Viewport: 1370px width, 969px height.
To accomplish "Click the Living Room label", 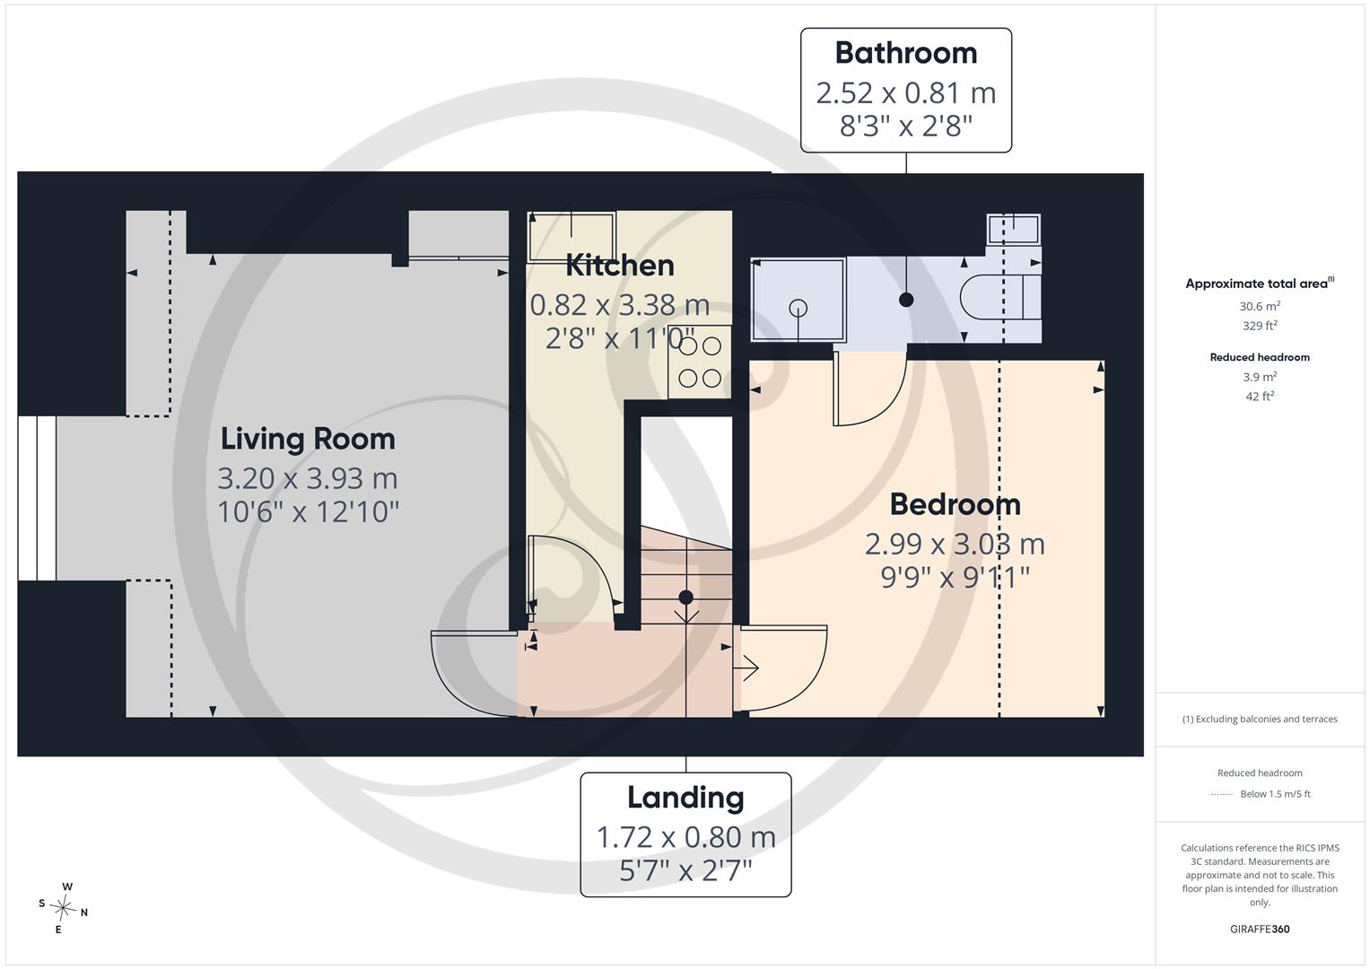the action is [308, 440].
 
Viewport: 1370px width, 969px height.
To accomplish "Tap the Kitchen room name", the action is [620, 266].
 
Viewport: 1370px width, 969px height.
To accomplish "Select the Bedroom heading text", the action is [955, 504].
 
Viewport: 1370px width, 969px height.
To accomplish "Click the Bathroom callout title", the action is [906, 53].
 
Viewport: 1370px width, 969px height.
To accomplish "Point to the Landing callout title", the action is [685, 799].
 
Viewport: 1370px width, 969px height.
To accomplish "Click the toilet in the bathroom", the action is [1000, 297].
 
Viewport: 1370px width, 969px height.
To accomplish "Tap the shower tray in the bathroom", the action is [798, 300].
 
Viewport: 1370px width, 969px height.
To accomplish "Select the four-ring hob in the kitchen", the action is [700, 362].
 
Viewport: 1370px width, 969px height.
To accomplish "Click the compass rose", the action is [64, 908].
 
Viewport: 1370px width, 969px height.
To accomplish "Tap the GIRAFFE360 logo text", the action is [1260, 929].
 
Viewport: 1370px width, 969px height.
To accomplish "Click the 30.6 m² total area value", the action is [1260, 306].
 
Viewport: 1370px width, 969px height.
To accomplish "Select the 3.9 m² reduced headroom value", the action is [1260, 377].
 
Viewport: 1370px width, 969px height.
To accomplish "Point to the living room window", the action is [38, 498].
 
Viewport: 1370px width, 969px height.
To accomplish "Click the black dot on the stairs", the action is [685, 597].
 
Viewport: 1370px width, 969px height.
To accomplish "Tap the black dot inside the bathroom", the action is [906, 300].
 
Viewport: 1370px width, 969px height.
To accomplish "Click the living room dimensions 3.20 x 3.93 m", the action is [308, 478].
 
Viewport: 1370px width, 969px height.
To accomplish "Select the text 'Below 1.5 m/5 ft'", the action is [1275, 794].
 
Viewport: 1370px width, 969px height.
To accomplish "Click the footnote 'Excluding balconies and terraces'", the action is [1266, 720].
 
